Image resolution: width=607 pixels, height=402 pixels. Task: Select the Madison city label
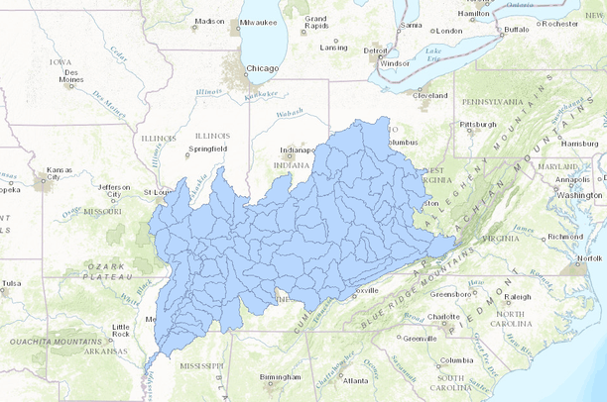[209, 21]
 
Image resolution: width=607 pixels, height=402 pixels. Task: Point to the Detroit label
[375, 50]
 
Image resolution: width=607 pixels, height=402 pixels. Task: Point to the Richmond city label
[564, 237]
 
